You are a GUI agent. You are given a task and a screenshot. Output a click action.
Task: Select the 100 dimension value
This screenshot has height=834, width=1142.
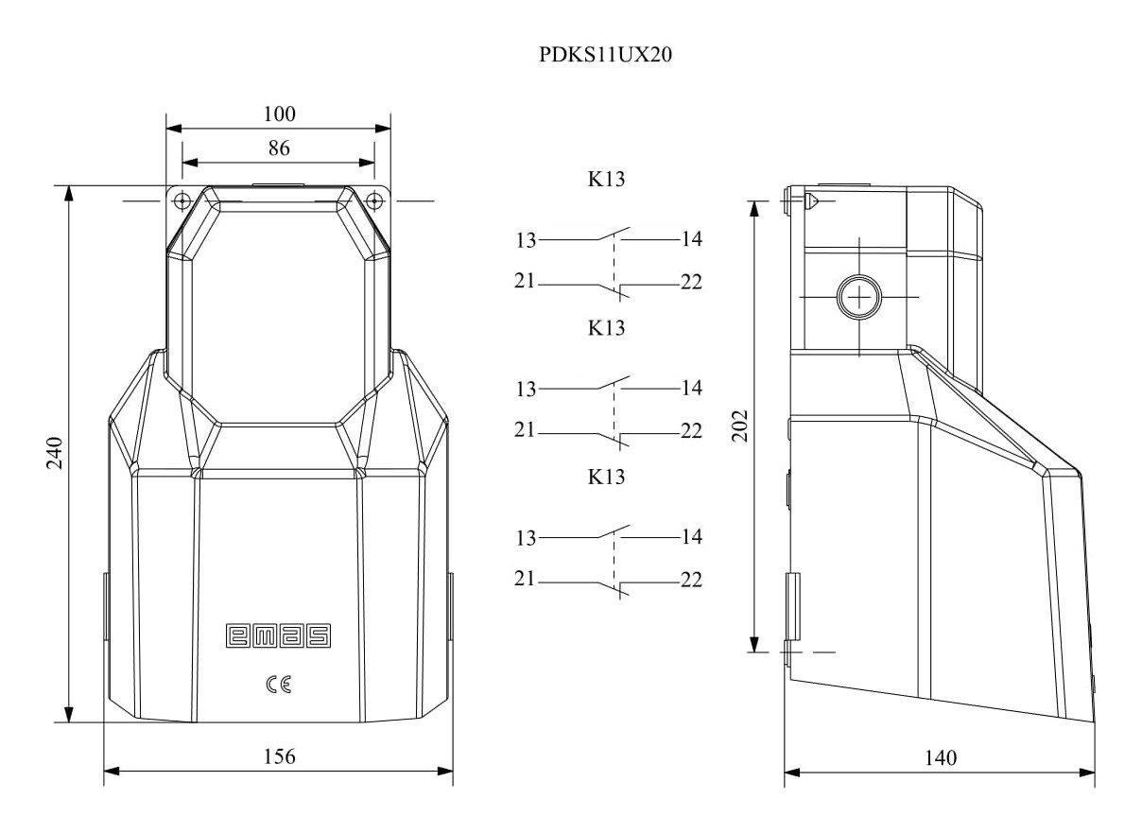pos(279,114)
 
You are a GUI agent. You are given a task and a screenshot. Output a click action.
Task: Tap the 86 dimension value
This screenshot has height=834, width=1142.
pos(278,148)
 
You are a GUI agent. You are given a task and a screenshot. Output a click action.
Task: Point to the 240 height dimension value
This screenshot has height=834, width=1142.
pos(54,454)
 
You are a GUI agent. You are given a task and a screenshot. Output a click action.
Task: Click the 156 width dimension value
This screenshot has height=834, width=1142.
pos(279,756)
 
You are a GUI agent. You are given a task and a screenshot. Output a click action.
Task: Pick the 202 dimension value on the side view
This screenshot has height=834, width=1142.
pos(740,426)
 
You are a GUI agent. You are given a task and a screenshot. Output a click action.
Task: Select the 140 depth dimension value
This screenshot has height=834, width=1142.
pos(941,757)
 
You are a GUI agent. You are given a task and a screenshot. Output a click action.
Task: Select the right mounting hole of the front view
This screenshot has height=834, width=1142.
pos(374,200)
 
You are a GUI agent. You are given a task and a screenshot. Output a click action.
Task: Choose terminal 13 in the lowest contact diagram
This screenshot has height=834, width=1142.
pos(525,538)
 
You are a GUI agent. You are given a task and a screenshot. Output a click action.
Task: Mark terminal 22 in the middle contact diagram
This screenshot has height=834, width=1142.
pos(691,431)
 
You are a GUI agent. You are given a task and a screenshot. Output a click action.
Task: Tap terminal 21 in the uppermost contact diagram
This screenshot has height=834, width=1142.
pos(525,282)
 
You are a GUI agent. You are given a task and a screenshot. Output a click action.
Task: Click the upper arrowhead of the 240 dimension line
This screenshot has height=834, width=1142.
pos(69,193)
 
